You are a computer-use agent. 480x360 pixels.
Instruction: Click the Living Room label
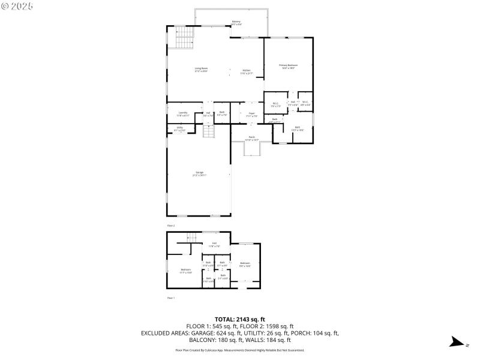[200, 70]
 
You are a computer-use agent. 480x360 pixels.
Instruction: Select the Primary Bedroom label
[288, 66]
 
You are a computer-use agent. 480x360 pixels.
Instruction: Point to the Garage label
[199, 173]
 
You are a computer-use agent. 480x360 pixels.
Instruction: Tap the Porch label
[252, 138]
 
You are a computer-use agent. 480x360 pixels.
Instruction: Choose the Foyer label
[252, 114]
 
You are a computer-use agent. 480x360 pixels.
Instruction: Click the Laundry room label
[183, 113]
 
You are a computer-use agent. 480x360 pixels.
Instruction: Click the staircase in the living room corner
[184, 40]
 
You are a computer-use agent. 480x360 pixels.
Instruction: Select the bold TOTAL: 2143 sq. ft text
[239, 319]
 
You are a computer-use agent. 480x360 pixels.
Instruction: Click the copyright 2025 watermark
[18, 6]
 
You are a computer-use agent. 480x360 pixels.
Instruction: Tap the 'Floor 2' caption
[171, 226]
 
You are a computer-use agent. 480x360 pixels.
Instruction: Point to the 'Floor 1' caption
[171, 298]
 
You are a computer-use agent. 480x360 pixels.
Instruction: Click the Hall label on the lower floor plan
[214, 244]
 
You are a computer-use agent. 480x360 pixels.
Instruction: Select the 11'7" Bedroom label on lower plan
[185, 271]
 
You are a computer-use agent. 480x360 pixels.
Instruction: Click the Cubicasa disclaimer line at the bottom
[239, 350]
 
